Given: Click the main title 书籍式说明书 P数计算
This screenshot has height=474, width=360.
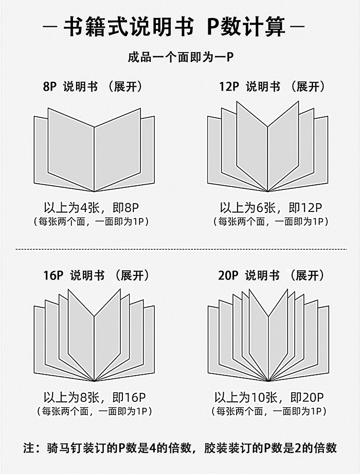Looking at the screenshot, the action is point(174,27).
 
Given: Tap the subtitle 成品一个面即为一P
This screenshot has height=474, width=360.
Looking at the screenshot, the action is point(181,57).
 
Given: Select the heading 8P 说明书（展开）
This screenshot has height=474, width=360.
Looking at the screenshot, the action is point(93,87).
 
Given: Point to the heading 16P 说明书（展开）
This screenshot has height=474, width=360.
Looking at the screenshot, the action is point(96,275).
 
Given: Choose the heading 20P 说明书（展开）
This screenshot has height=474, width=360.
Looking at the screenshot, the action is point(272,275).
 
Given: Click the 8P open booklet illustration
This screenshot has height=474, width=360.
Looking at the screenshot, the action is point(94,150).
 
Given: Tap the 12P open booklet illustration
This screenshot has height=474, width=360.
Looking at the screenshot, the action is point(267,146).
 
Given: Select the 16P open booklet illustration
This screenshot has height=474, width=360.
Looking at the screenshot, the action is point(94,335).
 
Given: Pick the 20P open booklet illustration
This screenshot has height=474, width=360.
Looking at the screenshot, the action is point(268,335).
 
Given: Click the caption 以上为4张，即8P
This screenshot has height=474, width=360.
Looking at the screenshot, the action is point(91,208).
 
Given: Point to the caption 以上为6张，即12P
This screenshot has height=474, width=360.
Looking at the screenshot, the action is point(271,208).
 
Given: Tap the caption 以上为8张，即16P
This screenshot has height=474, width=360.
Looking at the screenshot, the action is point(95,397).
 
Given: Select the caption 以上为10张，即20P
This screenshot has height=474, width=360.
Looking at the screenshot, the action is point(269,397).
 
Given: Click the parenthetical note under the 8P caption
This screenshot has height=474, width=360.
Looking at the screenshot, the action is point(91,222).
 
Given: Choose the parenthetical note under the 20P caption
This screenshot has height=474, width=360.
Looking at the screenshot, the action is point(269,411).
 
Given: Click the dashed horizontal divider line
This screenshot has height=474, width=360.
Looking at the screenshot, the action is point(181,250).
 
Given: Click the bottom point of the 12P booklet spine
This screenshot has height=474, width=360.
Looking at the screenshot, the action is point(267,191).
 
